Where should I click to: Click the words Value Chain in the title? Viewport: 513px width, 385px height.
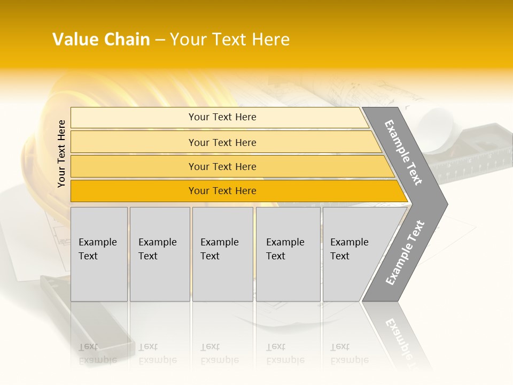click(101, 40)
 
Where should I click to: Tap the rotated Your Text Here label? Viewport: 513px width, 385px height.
click(61, 154)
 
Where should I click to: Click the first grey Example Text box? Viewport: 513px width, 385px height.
click(99, 254)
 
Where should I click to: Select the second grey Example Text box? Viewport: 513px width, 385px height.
click(160, 254)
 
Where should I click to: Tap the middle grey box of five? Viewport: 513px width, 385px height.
click(222, 254)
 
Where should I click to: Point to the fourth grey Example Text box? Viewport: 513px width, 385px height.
click(288, 254)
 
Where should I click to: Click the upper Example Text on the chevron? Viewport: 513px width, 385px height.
click(403, 152)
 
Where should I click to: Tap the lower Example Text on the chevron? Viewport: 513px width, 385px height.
click(405, 252)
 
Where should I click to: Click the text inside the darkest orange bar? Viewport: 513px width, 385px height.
click(222, 191)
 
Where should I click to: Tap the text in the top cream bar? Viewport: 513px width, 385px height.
click(222, 117)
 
